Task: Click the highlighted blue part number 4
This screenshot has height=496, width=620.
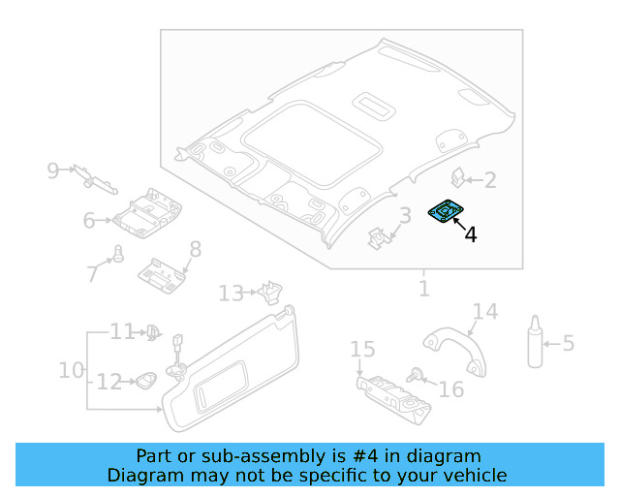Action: [x=447, y=211]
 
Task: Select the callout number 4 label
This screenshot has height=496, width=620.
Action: [x=471, y=234]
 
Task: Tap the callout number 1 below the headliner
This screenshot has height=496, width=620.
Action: [x=423, y=289]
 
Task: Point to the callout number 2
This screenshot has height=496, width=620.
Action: [x=490, y=180]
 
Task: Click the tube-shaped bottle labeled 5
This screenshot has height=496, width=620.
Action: [x=535, y=341]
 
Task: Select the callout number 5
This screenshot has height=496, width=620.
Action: [x=569, y=343]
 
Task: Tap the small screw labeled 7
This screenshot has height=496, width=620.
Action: [x=119, y=254]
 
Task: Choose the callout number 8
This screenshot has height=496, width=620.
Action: [x=195, y=250]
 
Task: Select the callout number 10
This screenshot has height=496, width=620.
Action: [x=72, y=370]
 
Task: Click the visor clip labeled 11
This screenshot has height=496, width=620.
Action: [x=152, y=332]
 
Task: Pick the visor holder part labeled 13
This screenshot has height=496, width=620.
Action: [x=270, y=290]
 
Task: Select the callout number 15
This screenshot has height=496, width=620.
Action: [x=362, y=349]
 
